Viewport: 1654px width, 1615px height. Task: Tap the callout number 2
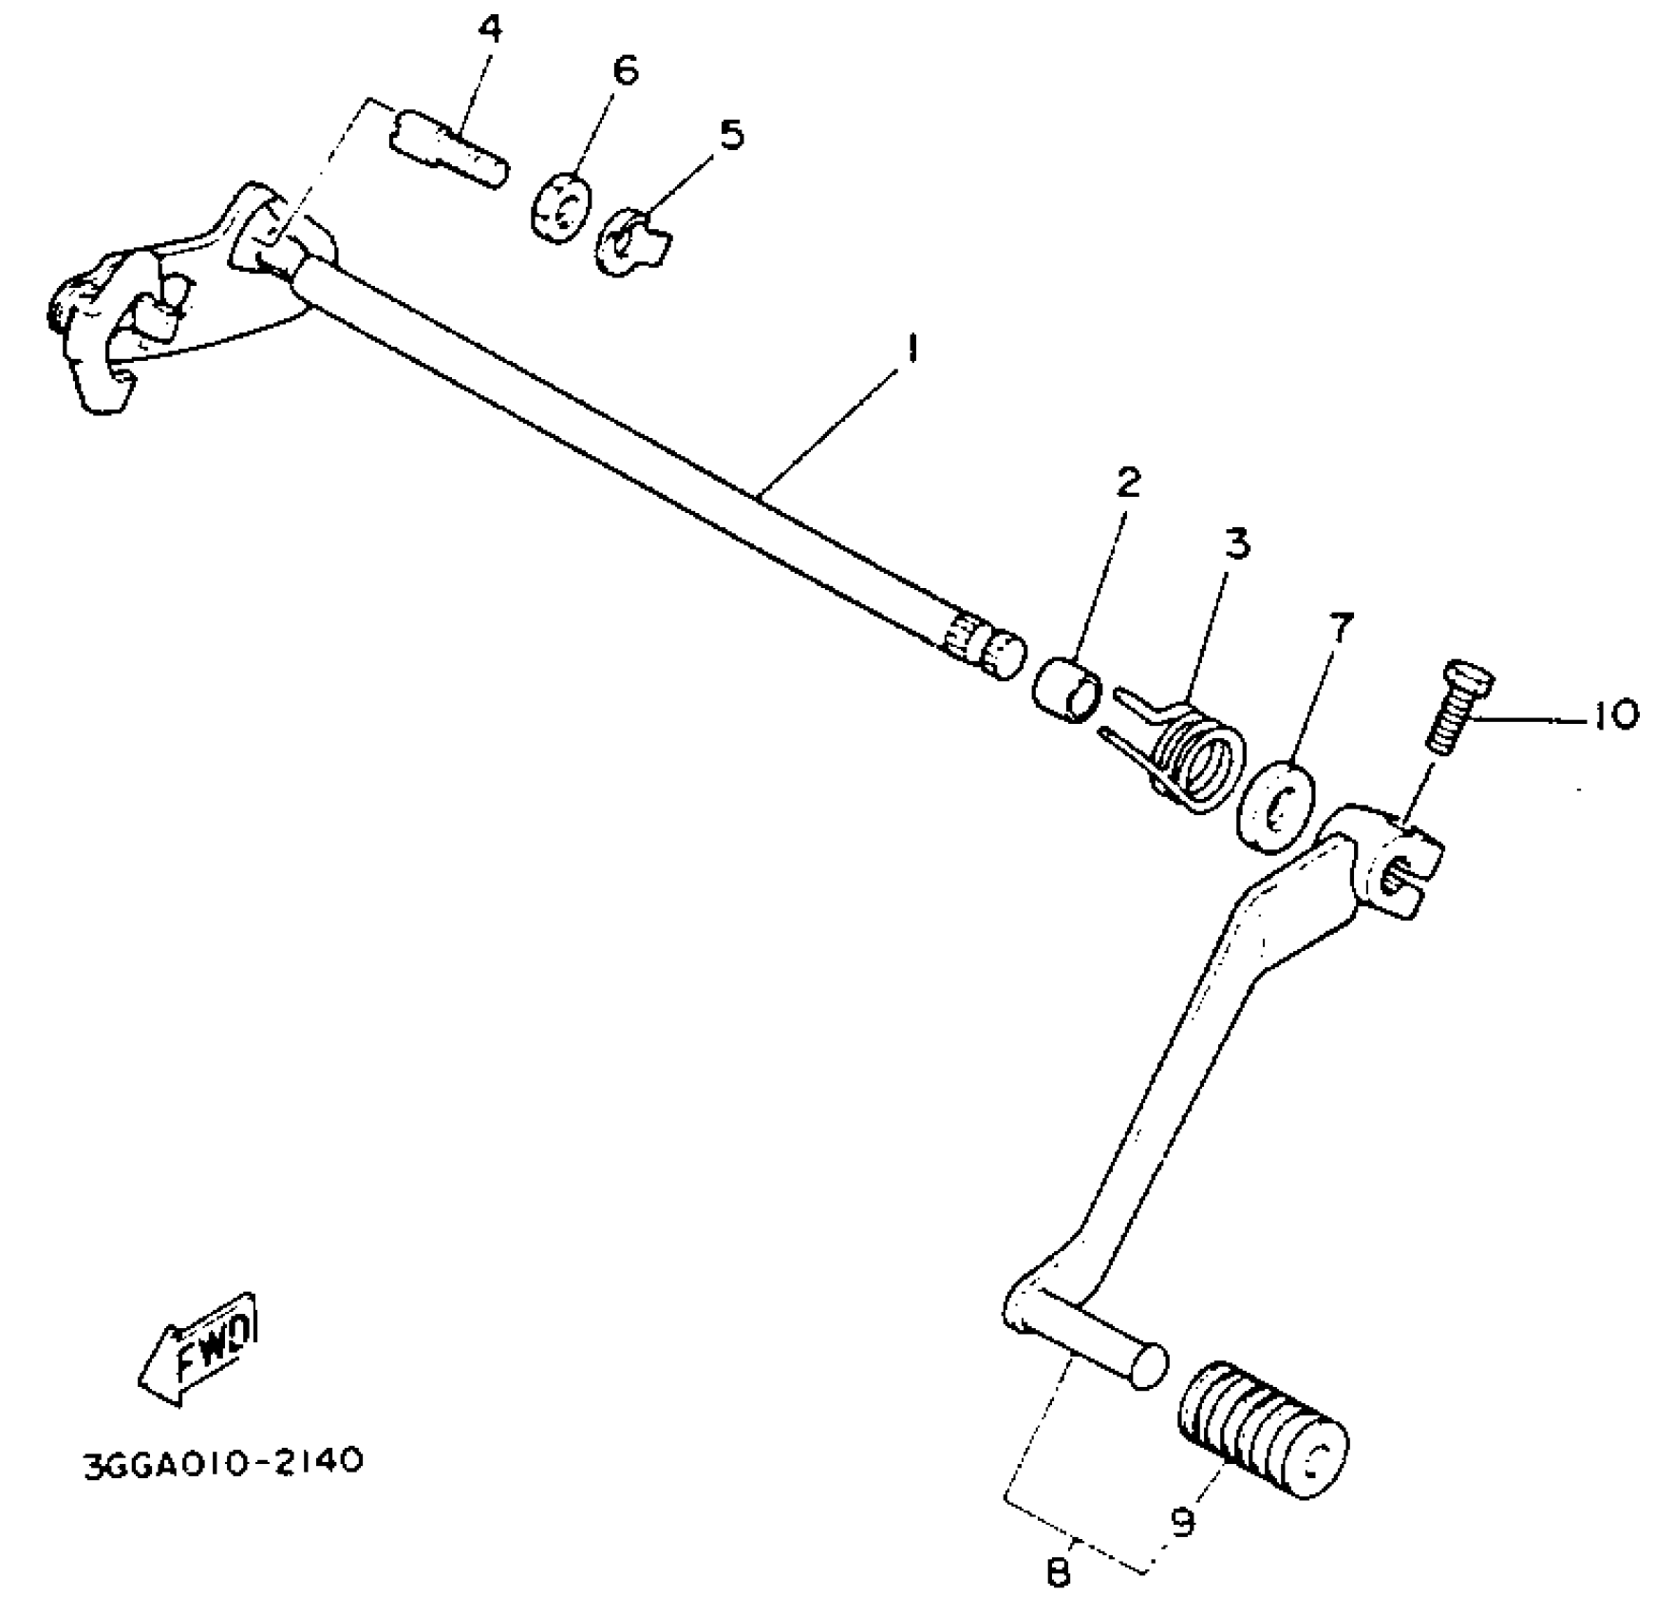point(1126,484)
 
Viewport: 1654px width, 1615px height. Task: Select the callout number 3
point(1234,543)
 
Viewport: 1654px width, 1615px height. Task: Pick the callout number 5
point(730,134)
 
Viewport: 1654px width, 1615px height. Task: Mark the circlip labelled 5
point(630,241)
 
